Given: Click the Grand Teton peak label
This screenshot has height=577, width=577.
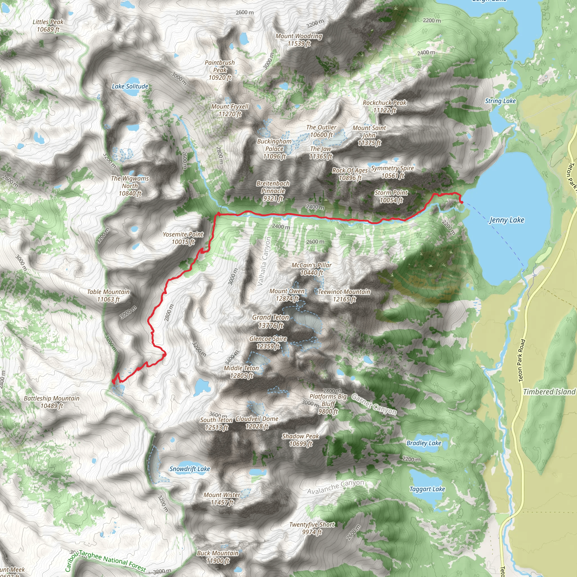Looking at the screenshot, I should point(270,321).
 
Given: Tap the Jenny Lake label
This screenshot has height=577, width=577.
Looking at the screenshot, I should point(507,220).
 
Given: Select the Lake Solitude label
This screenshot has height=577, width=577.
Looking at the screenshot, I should point(130,86).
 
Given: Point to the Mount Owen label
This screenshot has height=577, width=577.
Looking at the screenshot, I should point(287,295).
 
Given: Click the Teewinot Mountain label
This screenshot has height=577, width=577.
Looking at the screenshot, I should point(344,295).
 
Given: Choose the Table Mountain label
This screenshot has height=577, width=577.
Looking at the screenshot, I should point(108,295).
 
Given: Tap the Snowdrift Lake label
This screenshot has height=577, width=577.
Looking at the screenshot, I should point(190,469).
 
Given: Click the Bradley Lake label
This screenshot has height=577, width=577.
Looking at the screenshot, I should point(424,443).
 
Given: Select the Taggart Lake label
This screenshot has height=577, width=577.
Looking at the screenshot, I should point(427,489).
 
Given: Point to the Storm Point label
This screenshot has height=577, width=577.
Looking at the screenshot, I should point(391,196).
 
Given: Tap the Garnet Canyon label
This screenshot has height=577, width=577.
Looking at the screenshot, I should point(374,404).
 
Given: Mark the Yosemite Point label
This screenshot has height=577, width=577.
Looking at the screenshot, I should point(183,238).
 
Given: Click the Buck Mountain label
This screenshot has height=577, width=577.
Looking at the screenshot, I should point(218,557).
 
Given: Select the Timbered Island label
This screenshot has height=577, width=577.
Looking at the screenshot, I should point(549,392).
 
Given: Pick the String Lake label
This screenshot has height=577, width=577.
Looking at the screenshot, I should point(500,101).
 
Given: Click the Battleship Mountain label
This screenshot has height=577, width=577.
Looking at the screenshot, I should point(52,402).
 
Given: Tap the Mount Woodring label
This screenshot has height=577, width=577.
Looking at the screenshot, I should point(299,40).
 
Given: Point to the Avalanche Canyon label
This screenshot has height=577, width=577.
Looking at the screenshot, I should point(336,487).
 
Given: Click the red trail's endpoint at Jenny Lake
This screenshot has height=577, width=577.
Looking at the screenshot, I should point(462,203).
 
